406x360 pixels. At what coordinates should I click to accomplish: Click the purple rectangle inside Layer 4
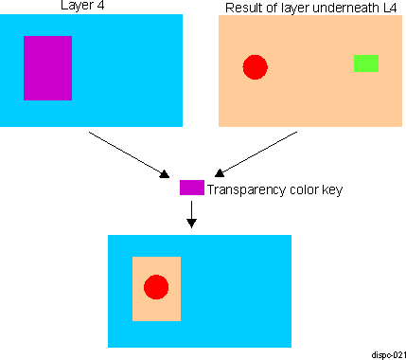click(x=47, y=67)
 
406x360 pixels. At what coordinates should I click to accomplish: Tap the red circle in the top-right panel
click(x=255, y=66)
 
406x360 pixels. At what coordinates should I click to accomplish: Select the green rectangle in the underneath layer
click(x=365, y=63)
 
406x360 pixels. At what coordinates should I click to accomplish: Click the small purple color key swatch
click(x=192, y=188)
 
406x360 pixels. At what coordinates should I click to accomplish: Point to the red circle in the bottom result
click(x=156, y=287)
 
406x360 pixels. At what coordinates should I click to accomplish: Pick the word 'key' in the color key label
click(x=332, y=189)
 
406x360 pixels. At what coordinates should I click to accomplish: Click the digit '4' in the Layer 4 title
click(x=87, y=9)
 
